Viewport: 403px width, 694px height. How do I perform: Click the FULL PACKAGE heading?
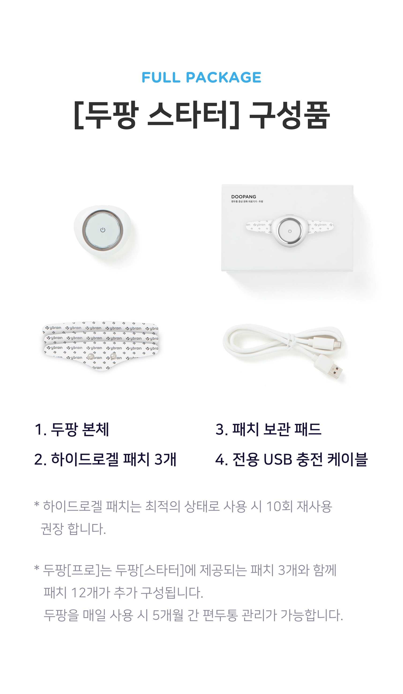201,77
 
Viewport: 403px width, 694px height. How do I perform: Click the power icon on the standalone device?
103,230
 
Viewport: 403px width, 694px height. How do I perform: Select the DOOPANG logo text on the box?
244,197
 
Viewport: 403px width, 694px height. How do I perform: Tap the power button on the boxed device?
290,231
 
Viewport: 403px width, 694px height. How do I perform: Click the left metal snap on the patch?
91,357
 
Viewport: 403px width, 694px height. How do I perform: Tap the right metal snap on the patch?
113,356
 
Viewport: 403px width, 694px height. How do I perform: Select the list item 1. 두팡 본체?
72,429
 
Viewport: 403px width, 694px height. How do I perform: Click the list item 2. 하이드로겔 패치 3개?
105,459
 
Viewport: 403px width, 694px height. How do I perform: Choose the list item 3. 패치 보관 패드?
268,429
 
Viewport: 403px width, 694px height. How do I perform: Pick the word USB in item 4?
278,460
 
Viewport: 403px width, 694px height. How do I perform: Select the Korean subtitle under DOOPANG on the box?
247,202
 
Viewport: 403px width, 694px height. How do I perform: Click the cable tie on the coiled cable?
289,341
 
